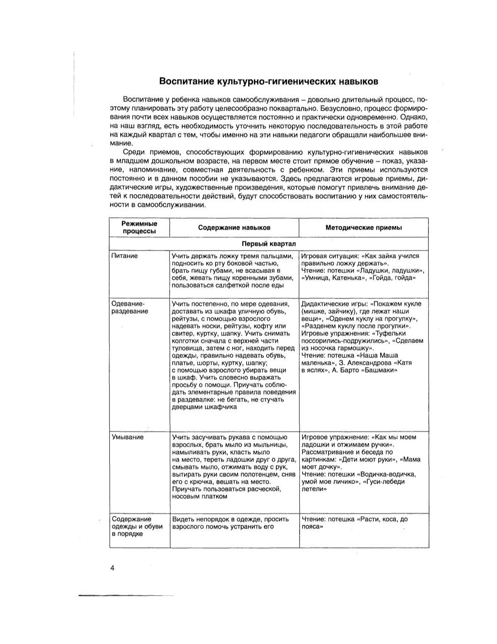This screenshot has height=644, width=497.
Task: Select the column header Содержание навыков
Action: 234,228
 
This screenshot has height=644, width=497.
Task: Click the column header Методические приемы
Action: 364,228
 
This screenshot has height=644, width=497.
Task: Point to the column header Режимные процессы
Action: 139,227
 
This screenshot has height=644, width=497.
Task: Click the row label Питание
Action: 124,256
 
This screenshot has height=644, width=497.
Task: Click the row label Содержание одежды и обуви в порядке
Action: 137,527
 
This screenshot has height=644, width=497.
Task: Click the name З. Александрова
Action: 364,363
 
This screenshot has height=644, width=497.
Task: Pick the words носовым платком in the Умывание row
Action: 199,497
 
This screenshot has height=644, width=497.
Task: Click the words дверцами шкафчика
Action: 204,407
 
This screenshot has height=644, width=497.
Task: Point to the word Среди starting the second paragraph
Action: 133,152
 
